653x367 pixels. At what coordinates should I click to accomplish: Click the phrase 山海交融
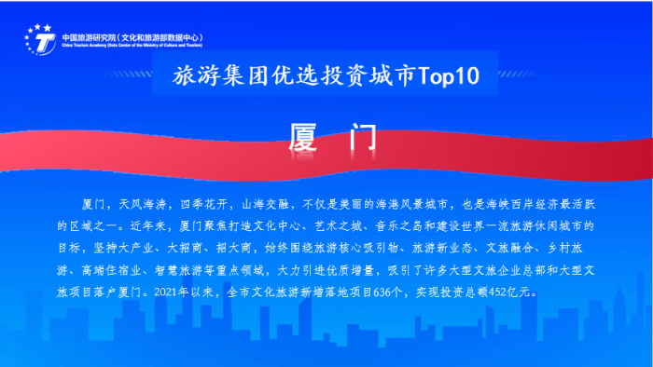tap(264, 203)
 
